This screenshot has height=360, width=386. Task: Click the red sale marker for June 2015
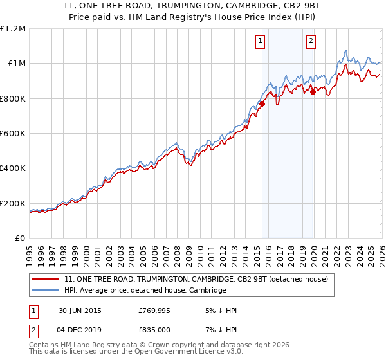(262, 104)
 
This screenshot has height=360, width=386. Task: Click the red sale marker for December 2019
(313, 92)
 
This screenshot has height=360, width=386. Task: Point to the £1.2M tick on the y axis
(13, 29)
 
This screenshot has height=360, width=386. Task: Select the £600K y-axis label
(13, 134)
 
